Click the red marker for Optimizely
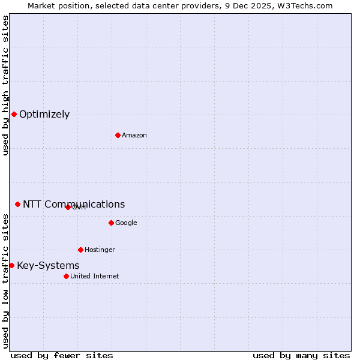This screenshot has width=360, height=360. tap(14, 114)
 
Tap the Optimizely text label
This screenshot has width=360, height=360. tap(44, 115)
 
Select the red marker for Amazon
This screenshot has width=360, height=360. tap(118, 135)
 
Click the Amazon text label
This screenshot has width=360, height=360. tap(134, 136)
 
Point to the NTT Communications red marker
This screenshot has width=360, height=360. tap(17, 204)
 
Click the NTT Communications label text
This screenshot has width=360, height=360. tap(74, 205)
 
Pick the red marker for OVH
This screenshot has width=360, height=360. tap(68, 207)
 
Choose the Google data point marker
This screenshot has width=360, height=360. tap(111, 223)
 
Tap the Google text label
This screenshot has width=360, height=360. tap(126, 223)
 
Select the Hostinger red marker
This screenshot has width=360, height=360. tap(80, 250)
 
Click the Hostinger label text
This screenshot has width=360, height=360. tap(100, 250)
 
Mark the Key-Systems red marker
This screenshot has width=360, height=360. tap(11, 265)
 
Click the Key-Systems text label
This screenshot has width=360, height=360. tap(48, 266)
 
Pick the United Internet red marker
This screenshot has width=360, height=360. tap(66, 276)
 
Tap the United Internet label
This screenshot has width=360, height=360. tap(94, 277)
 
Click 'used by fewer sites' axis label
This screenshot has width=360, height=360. tap(62, 355)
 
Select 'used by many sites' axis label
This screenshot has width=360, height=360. tap(301, 355)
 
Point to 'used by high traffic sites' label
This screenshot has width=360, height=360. tap(5, 85)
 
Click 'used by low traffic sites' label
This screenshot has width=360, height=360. tap(5, 281)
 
